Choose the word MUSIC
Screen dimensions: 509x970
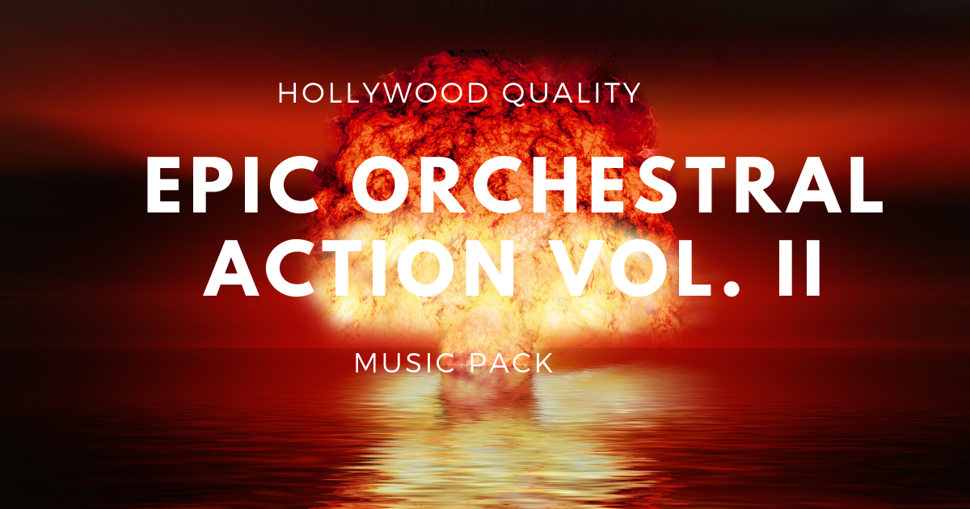point(406,363)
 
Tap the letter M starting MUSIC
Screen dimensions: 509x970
point(368,363)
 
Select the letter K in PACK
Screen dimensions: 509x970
point(545,363)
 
